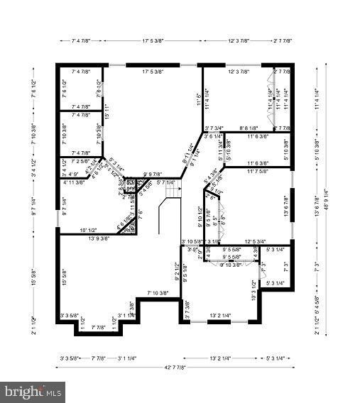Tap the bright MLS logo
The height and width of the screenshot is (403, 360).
(x=33, y=392)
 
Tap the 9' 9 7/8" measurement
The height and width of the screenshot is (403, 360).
(x=153, y=174)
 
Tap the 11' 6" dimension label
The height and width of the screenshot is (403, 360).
(x=198, y=99)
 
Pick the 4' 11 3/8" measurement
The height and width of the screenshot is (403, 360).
(x=74, y=182)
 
